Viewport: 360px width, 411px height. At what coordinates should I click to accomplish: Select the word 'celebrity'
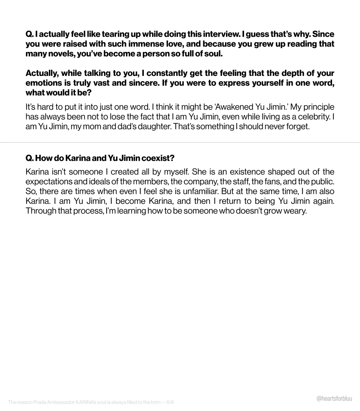pyautogui.click(x=313, y=117)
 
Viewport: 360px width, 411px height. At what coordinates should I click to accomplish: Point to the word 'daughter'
pyautogui.click(x=150, y=127)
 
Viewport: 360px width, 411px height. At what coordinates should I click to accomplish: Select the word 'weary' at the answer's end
pyautogui.click(x=294, y=211)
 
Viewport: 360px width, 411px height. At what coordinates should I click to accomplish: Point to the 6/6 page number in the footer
pyautogui.click(x=170, y=402)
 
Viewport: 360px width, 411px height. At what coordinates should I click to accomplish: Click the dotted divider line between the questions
pyautogui.click(x=180, y=142)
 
